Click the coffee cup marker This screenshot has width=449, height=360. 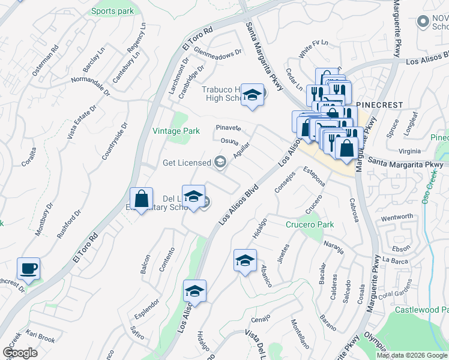28,268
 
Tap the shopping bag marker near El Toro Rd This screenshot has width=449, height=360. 141,199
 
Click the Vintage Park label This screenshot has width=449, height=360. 176,131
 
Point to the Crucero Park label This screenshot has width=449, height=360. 309,225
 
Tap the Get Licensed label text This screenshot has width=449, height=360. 187,163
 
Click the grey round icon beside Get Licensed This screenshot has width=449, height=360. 221,161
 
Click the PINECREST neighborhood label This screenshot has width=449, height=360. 379,104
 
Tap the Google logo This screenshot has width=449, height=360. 20,353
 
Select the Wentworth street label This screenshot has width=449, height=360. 397,216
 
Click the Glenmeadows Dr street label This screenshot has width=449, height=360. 217,52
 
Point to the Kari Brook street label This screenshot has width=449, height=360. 41,340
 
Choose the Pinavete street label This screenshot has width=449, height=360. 229,128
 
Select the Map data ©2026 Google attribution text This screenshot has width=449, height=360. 412,355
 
